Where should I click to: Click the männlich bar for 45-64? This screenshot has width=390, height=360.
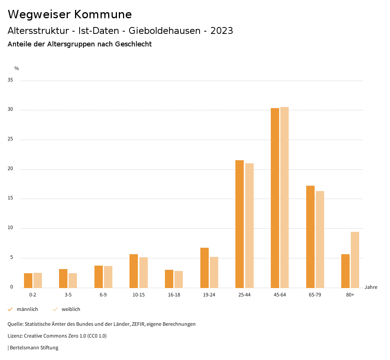(x=275, y=198)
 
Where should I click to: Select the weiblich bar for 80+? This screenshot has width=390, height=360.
(x=355, y=260)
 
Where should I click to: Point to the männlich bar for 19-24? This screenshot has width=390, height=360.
(x=204, y=268)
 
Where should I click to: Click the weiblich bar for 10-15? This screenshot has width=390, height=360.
(x=143, y=272)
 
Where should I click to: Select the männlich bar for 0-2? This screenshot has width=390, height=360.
(x=28, y=280)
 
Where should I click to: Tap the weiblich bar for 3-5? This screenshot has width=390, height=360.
(x=73, y=280)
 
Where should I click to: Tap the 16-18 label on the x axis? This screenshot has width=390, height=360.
(x=174, y=295)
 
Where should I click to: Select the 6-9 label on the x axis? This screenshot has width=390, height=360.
(x=103, y=295)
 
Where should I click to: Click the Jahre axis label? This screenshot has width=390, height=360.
(x=371, y=287)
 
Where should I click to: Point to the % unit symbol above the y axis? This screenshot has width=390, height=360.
(x=17, y=68)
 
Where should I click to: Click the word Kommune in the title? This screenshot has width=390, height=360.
(x=103, y=14)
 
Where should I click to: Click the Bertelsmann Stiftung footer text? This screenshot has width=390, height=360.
(x=34, y=347)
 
